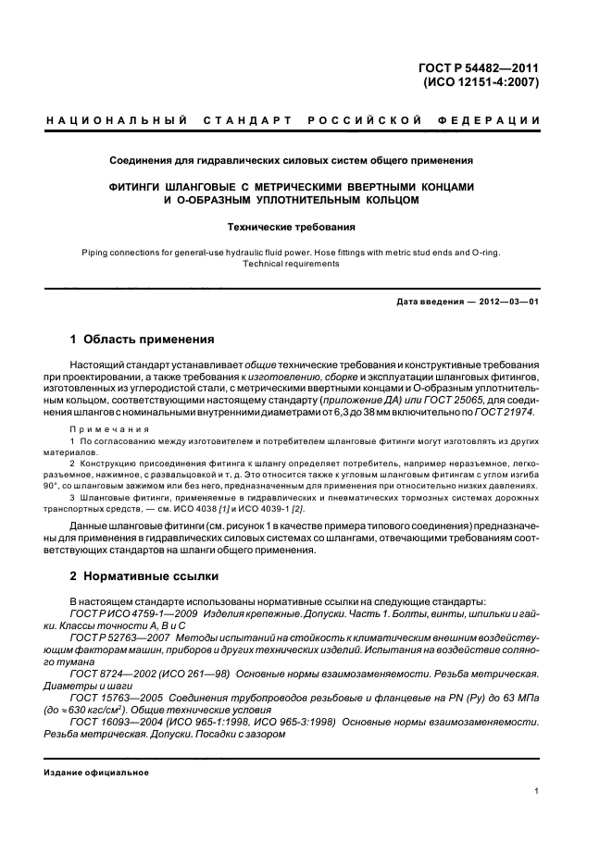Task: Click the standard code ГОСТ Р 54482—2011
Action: (x=480, y=67)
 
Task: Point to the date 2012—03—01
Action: (x=504, y=303)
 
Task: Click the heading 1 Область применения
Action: (x=143, y=339)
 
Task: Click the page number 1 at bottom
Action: (x=537, y=790)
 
